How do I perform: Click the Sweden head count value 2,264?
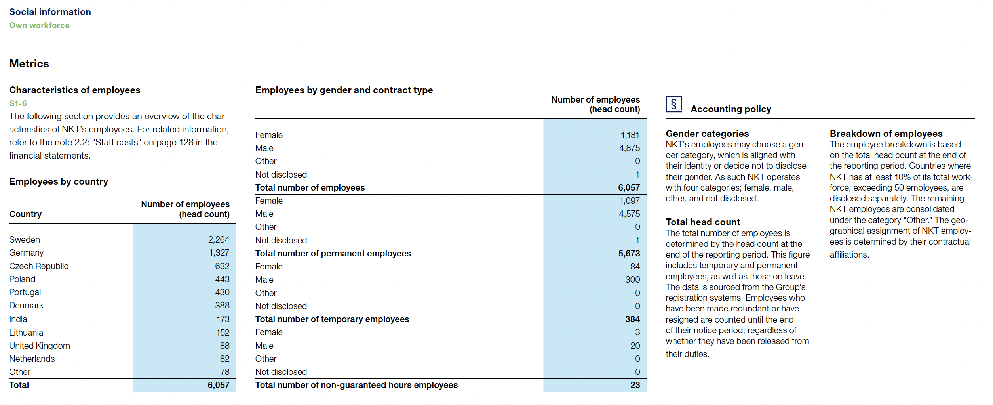219,240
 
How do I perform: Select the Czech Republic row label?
39,266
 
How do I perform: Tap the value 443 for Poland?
222,279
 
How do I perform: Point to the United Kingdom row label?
40,346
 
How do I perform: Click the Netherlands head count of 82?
224,359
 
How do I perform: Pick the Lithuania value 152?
223,333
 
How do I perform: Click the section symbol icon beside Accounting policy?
673,105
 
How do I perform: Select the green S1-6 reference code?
18,103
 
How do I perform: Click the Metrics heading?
29,64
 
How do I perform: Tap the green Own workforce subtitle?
40,25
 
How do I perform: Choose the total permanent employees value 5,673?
629,254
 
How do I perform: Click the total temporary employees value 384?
632,319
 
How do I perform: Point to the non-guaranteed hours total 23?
635,385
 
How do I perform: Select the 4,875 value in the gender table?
630,148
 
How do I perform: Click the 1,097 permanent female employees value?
630,201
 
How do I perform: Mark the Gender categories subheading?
707,134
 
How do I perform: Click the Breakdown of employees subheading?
886,134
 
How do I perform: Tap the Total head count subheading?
703,222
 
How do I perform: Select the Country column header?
25,214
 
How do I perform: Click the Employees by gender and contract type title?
344,90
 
